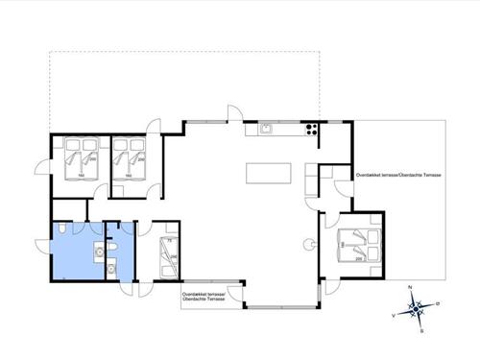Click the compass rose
tap(417, 308)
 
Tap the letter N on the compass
tap(410, 288)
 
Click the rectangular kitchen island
tap(268, 174)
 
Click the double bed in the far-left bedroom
tap(79, 160)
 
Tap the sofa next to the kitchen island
tap(311, 182)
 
